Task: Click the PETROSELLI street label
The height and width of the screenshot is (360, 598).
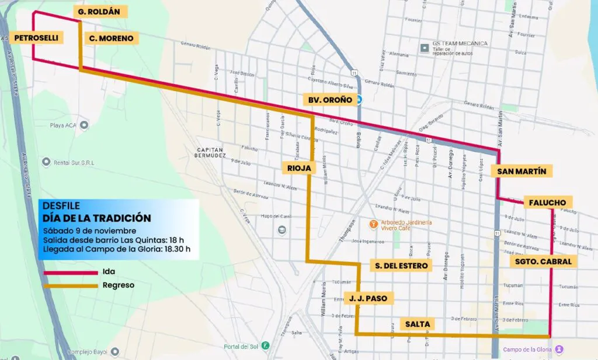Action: tap(36, 38)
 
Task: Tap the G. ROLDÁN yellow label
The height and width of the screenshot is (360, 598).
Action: tap(102, 12)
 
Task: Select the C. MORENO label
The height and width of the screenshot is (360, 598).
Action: tap(111, 39)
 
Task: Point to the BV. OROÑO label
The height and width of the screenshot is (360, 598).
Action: tap(330, 100)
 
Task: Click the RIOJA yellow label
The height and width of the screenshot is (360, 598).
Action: tap(298, 168)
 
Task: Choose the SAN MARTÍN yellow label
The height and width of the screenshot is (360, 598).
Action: tap(521, 171)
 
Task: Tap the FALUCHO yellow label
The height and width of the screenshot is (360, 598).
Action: tap(547, 202)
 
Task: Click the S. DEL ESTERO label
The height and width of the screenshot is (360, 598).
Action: tap(401, 266)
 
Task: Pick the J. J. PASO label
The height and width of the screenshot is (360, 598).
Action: tap(368, 298)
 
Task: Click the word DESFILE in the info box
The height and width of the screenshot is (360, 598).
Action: tap(61, 206)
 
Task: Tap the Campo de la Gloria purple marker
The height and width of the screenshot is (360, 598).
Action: tap(559, 349)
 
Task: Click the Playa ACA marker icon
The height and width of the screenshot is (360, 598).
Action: tap(84, 125)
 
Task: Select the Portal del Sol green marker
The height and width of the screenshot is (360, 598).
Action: tap(265, 346)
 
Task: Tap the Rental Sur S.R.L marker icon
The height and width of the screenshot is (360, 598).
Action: tap(43, 162)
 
